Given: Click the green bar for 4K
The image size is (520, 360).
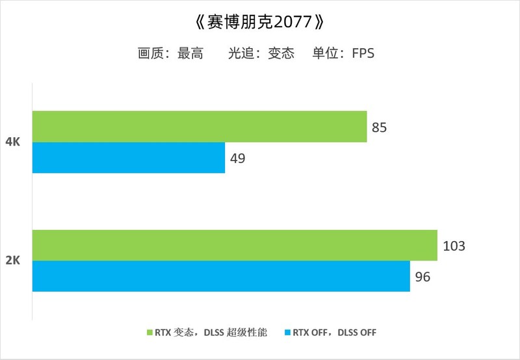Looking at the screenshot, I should pyautogui.click(x=200, y=126).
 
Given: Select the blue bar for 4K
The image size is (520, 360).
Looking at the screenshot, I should pyautogui.click(x=129, y=158).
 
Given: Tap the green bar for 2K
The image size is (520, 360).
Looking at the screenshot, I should pyautogui.click(x=235, y=246).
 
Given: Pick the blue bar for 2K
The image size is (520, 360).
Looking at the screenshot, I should pyautogui.click(x=221, y=276).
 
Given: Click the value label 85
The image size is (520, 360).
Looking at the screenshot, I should pyautogui.click(x=380, y=127).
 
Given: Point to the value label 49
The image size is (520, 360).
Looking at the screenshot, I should pyautogui.click(x=237, y=158).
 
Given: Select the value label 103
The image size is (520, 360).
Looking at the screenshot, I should pyautogui.click(x=454, y=246).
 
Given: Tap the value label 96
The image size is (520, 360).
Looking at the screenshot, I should pyautogui.click(x=422, y=277).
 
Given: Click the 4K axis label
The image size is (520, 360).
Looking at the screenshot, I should pyautogui.click(x=13, y=142).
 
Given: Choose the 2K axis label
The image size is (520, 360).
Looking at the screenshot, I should pyautogui.click(x=13, y=261).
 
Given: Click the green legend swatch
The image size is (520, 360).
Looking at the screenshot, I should pyautogui.click(x=149, y=333).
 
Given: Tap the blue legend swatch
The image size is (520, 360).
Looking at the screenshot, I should pyautogui.click(x=287, y=333).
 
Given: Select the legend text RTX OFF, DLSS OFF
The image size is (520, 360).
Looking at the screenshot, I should pyautogui.click(x=334, y=333).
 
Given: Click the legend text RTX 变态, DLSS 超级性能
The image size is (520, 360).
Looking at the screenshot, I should pyautogui.click(x=211, y=333).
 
